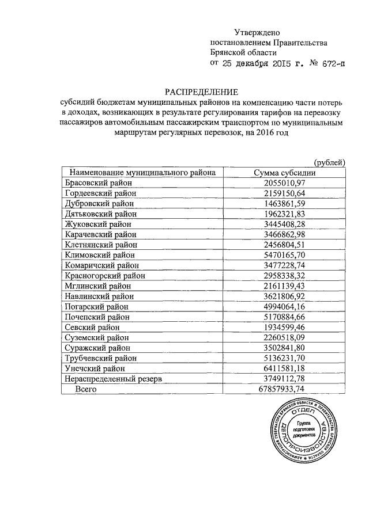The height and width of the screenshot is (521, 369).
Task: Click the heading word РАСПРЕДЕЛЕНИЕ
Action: click(202, 92)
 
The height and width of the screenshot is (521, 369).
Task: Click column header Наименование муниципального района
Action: click(142, 172)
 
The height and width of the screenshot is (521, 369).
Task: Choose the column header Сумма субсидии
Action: click(284, 172)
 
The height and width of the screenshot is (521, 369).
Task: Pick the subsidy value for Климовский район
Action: click(284, 255)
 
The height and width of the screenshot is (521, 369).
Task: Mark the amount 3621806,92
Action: click(284, 296)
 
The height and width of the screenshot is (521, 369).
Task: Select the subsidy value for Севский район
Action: click(284, 328)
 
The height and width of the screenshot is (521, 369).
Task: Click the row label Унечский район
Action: click(95, 368)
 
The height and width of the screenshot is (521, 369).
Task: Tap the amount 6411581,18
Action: click(284, 368)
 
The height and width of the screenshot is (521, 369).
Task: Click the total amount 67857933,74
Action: click(284, 390)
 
